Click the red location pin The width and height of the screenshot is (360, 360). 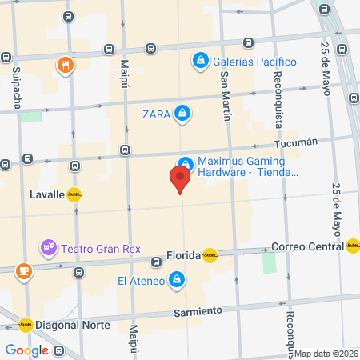[181, 178]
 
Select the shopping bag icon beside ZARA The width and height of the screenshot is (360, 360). [183, 113]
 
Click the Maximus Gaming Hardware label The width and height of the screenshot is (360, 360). [247, 166]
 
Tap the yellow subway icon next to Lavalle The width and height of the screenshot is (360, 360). [74, 194]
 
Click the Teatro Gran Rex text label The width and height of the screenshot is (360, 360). [100, 246]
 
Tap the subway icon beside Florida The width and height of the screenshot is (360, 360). [210, 255]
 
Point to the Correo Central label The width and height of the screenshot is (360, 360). [307, 246]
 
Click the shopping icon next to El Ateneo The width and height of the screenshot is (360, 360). [178, 280]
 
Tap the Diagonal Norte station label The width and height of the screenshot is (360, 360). [70, 324]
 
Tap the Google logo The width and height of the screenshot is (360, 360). [26, 350]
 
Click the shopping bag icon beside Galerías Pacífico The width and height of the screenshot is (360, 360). [199, 61]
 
